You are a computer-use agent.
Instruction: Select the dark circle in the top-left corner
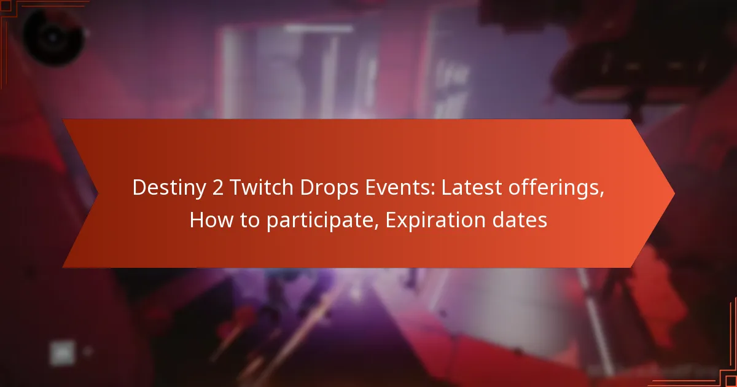pyautogui.click(x=52, y=35)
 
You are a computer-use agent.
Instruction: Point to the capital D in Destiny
pyautogui.click(x=139, y=189)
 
